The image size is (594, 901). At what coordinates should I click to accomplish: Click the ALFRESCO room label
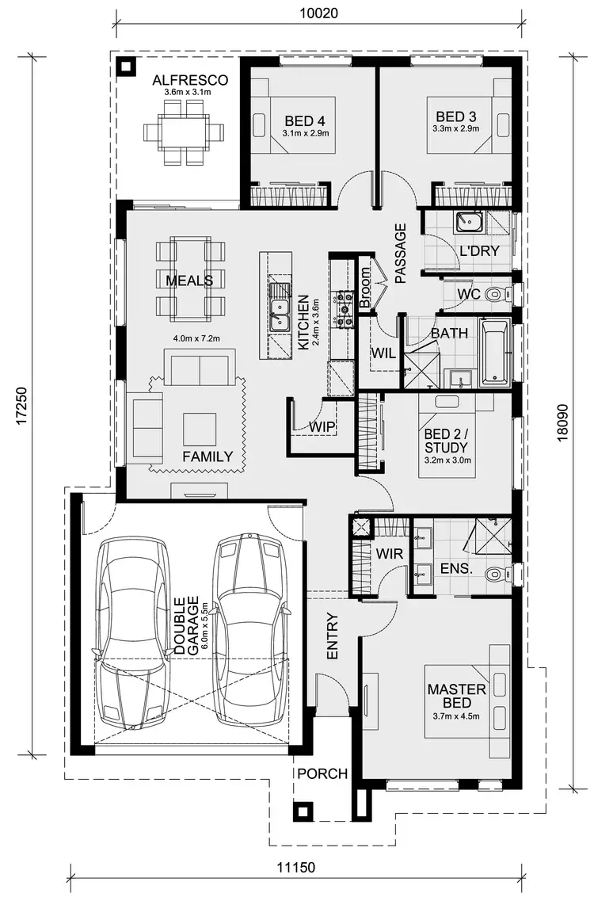tap(190, 81)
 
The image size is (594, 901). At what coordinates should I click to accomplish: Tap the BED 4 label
tap(305, 121)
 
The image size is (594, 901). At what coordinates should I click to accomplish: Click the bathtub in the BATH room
tap(497, 350)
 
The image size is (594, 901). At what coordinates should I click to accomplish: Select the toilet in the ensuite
tap(495, 574)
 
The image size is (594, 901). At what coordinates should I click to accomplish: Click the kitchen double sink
tap(278, 315)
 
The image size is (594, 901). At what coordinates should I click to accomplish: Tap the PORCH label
tap(322, 773)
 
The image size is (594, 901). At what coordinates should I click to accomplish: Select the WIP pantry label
tap(322, 427)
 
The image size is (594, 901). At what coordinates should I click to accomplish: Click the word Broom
tap(365, 286)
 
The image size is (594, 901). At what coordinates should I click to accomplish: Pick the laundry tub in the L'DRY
tap(464, 223)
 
